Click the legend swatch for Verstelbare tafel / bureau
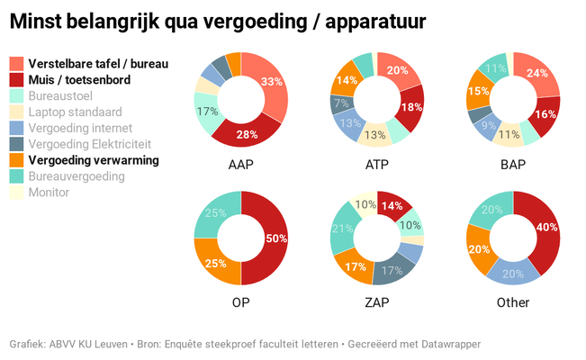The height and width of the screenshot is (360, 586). pos(16,64)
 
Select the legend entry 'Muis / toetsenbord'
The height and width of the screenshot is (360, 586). pos(79,80)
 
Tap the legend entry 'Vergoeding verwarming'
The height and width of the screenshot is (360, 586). pos(93,160)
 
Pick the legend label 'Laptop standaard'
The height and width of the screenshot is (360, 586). pos(75,112)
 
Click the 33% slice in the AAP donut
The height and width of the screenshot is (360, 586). pos(267,82)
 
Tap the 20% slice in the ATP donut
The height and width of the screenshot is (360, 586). pos(396,71)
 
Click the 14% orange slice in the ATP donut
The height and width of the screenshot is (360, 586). pos(347,80)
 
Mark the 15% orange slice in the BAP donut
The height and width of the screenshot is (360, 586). pos(478,91)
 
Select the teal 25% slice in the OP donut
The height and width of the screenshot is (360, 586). pos(215,213)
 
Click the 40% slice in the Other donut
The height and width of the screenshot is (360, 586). pos(541,229)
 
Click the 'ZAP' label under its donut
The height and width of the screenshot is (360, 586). pos(376,302)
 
